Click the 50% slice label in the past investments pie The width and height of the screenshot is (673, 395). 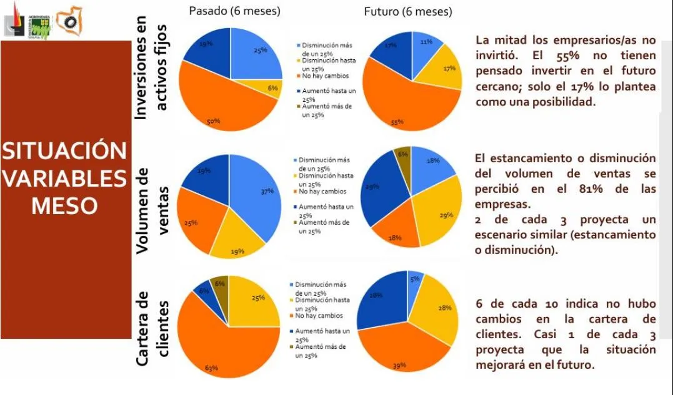coord(213,122)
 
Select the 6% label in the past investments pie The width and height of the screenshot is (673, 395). coord(272,89)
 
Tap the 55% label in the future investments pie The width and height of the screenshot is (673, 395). coord(397,123)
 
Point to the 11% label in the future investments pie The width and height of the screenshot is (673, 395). coord(427,42)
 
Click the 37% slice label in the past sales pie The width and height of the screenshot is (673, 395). coord(267,192)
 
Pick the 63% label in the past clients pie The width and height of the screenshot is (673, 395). coord(212,368)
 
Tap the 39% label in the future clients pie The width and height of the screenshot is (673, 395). coord(399,366)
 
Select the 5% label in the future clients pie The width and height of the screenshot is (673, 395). coord(414,279)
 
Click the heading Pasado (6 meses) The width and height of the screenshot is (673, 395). coord(234,11)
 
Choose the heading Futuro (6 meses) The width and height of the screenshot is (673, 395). coord(408,12)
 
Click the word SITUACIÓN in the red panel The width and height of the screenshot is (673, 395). coord(63,151)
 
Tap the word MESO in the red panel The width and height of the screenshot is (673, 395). coord(64,206)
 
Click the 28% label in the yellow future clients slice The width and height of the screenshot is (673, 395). coord(444,308)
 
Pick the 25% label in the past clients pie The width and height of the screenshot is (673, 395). coord(258,298)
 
